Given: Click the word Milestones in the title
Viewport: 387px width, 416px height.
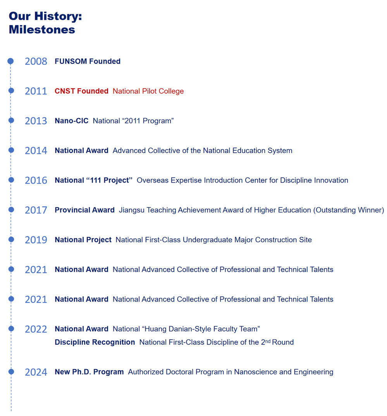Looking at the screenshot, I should click(42, 29).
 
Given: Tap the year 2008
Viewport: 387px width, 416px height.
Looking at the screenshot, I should click(36, 62).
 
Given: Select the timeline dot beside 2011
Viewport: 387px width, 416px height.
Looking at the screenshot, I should click(11, 91).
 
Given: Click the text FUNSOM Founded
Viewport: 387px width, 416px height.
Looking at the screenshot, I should click(88, 61).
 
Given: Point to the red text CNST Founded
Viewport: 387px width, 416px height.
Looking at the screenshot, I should click(81, 91).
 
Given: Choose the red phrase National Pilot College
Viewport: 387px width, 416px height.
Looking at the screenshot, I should click(148, 91).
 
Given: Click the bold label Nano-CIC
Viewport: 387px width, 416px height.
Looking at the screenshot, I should click(71, 121).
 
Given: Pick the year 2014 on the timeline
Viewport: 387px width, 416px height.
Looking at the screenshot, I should click(36, 151).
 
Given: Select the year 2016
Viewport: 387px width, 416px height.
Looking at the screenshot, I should click(36, 181).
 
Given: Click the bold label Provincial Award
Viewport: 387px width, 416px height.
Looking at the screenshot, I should click(84, 210).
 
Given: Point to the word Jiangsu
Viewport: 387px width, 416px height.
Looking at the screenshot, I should click(131, 210).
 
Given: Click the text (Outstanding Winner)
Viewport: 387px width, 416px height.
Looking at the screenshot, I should click(349, 210).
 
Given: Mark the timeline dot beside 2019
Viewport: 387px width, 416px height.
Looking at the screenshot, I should click(11, 240).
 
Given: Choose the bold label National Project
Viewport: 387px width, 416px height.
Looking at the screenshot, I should click(83, 240).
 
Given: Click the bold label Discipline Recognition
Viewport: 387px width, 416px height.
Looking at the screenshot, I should click(95, 342).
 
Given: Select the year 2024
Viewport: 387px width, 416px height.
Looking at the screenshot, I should click(36, 372).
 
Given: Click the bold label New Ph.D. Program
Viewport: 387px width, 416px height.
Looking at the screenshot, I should click(89, 372).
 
